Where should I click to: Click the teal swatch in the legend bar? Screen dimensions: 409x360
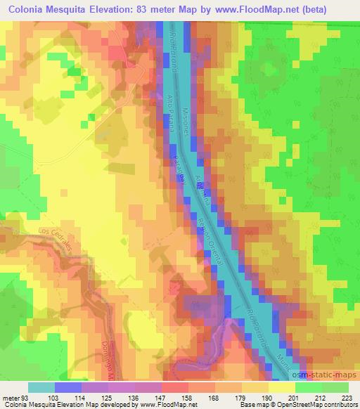pos(41,387)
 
